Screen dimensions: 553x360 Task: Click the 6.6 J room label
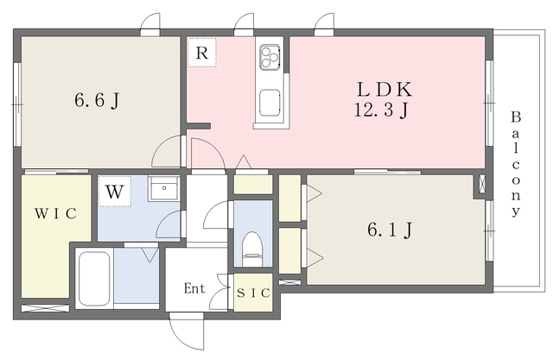(97, 100)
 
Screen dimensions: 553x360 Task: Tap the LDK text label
(385, 89)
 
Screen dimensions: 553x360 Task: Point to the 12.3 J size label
(382, 111)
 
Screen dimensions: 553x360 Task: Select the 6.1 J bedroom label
(390, 230)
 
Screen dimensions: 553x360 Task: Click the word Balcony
(516, 164)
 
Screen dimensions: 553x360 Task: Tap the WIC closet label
(55, 213)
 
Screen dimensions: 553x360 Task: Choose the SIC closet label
(253, 293)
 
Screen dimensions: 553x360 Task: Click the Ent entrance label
(194, 288)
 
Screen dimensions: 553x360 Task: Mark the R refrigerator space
(201, 53)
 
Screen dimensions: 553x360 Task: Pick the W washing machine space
(115, 192)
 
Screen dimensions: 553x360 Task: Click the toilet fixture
(252, 249)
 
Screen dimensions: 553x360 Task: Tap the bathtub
(94, 279)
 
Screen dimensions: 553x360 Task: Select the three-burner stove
(270, 55)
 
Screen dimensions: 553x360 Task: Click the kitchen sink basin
(270, 103)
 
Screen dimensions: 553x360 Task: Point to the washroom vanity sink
(164, 188)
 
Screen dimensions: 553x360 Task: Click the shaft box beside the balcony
(482, 184)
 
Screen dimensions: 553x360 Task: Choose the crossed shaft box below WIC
(45, 308)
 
